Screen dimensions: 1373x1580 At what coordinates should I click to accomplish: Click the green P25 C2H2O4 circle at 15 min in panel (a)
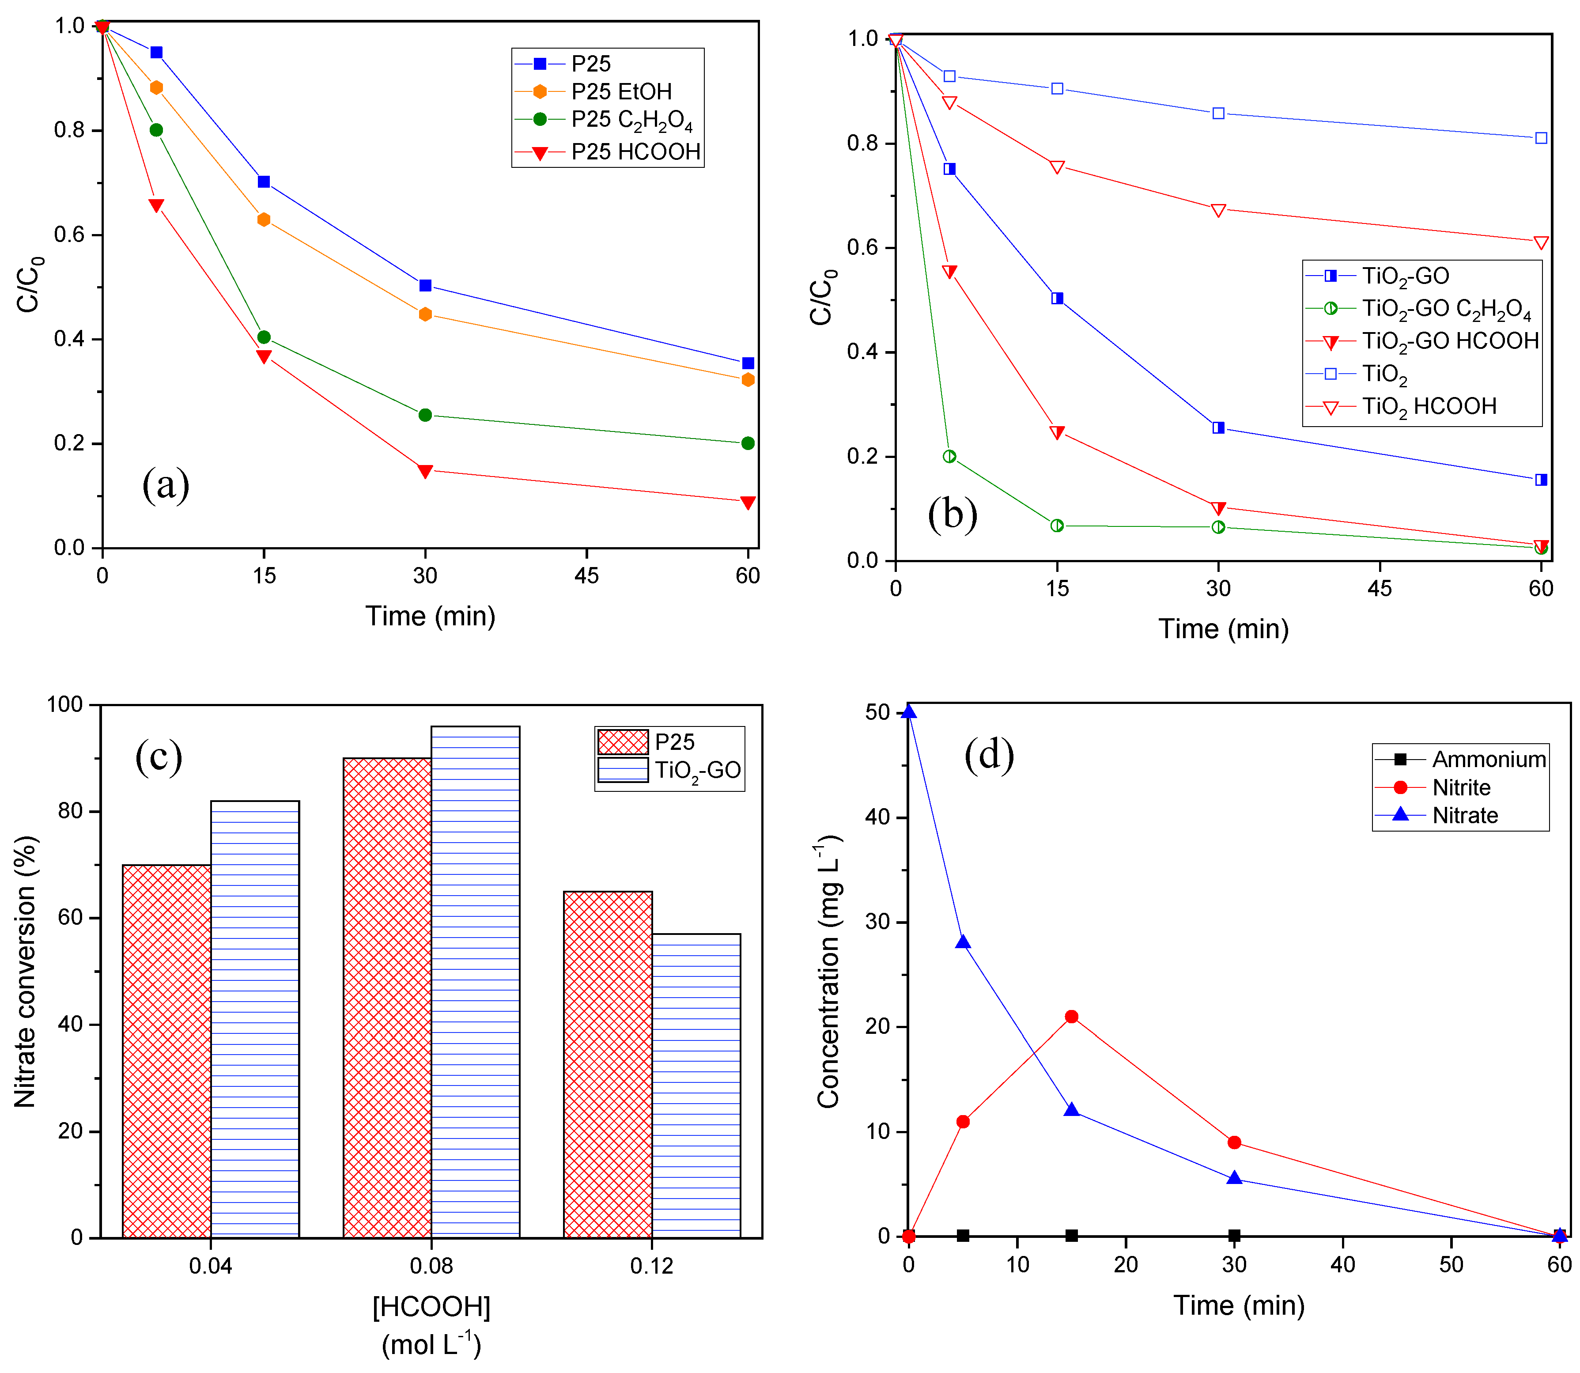(x=264, y=337)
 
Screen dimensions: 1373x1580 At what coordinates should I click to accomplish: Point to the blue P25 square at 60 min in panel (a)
(x=748, y=363)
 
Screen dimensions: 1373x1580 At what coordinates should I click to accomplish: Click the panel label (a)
(x=166, y=485)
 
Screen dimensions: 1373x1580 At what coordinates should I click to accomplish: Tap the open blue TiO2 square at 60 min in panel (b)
(x=1541, y=138)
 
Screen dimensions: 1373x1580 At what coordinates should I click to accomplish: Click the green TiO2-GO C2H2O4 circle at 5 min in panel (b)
(x=949, y=457)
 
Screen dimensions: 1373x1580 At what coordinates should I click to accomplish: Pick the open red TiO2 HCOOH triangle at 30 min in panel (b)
(x=1218, y=210)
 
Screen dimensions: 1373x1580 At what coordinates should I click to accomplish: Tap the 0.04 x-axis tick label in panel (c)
(x=211, y=1266)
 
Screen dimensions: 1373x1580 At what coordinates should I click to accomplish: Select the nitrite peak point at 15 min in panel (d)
(x=1071, y=1017)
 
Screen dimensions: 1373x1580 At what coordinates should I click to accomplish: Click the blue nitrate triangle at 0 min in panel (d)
(x=909, y=712)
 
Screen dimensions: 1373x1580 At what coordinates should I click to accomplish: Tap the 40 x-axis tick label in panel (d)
(x=1342, y=1264)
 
